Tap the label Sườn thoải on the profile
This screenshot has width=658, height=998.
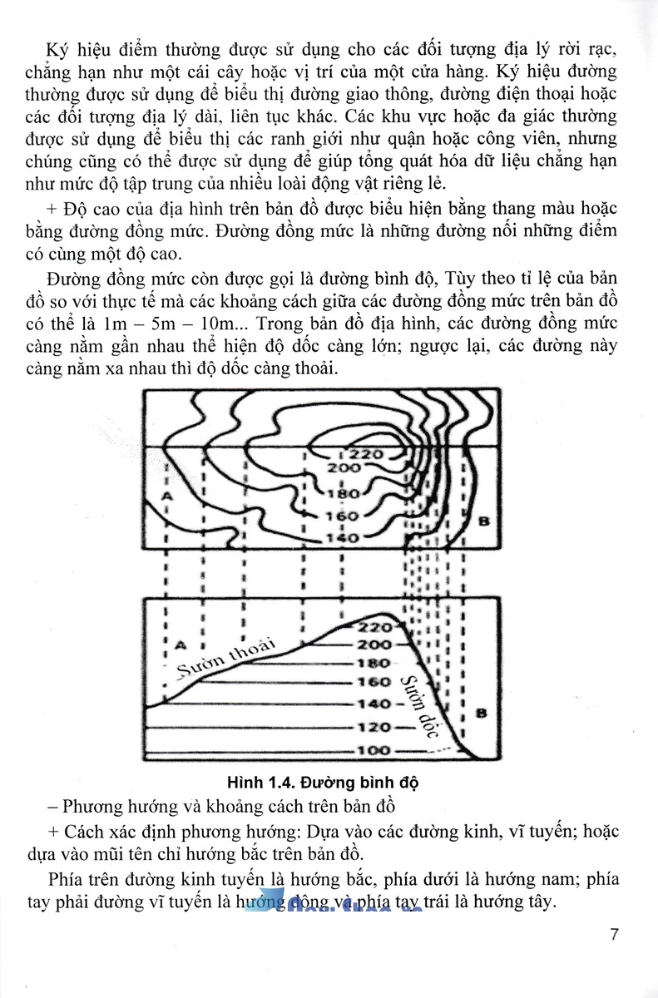pyautogui.click(x=225, y=657)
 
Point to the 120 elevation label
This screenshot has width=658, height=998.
pyautogui.click(x=373, y=727)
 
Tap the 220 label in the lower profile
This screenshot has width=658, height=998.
pyautogui.click(x=374, y=627)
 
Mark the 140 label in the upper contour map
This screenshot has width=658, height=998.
pyautogui.click(x=341, y=537)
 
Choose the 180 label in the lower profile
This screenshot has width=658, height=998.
pyautogui.click(x=373, y=664)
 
